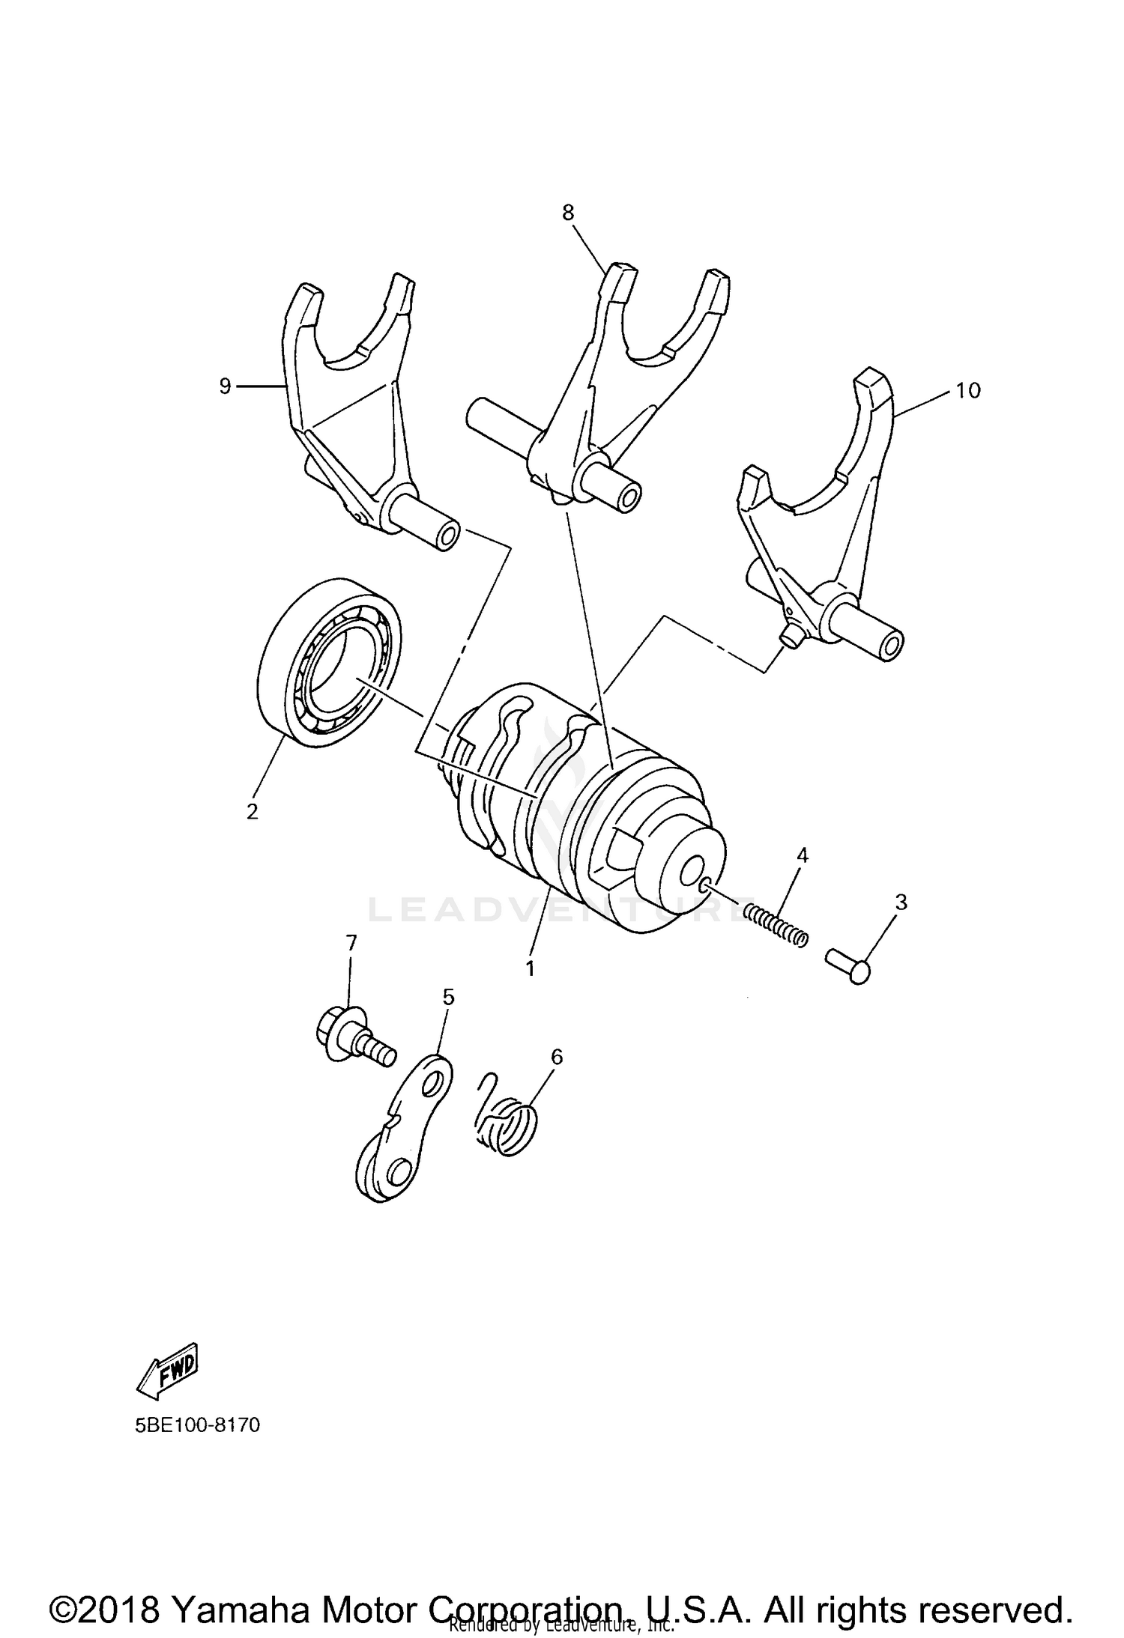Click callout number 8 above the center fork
(x=568, y=213)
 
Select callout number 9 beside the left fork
(x=225, y=387)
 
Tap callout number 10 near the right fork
(x=967, y=390)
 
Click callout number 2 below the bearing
(x=253, y=810)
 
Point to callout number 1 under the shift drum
(x=530, y=968)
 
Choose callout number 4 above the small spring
(x=802, y=855)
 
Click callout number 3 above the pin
(x=901, y=902)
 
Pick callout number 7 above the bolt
(x=351, y=942)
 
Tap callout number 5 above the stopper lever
(x=448, y=996)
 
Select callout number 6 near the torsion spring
(x=556, y=1056)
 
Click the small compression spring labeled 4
(x=776, y=923)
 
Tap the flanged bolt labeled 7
(x=351, y=1039)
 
